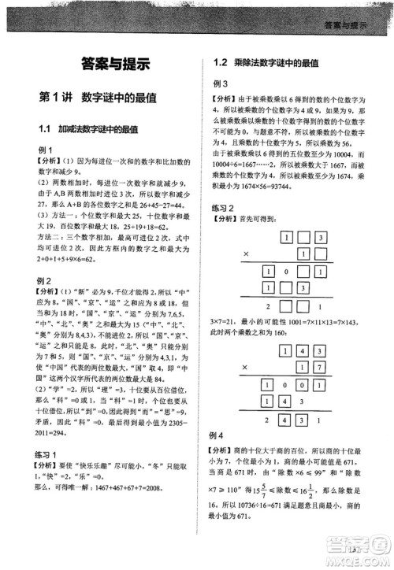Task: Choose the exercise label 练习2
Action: pyautogui.click(x=228, y=208)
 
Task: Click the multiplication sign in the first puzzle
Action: pyautogui.click(x=245, y=254)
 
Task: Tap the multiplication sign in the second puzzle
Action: pyautogui.click(x=245, y=366)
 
